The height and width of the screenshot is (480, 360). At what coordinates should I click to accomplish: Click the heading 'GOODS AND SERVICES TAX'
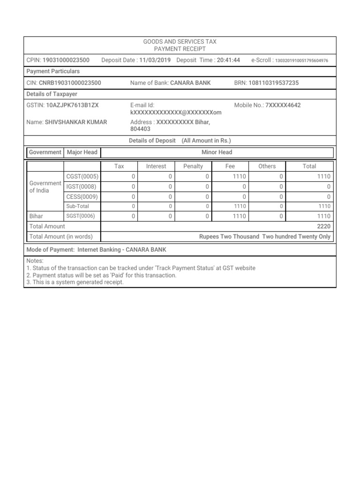[x=180, y=42]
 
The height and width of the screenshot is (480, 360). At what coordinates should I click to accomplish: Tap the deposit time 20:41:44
[x=228, y=60]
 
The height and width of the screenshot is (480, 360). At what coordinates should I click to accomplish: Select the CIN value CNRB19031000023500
[x=70, y=83]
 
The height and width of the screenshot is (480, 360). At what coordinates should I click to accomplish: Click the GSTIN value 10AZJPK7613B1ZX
[x=72, y=105]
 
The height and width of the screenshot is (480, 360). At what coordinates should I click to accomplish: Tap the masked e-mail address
[x=176, y=113]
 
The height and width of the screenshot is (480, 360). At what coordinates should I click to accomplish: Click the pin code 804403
[x=140, y=129]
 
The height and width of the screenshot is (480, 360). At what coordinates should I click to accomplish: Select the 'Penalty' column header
[x=193, y=166]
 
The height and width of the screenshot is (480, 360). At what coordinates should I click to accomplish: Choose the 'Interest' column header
[x=156, y=166]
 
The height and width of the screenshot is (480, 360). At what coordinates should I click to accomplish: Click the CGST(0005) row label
[x=82, y=176]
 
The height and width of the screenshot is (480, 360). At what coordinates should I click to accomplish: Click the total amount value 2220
[x=323, y=226]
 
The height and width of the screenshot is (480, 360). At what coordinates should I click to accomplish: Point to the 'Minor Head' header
[x=217, y=152]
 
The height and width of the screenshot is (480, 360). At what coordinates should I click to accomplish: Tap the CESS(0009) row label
[x=82, y=196]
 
